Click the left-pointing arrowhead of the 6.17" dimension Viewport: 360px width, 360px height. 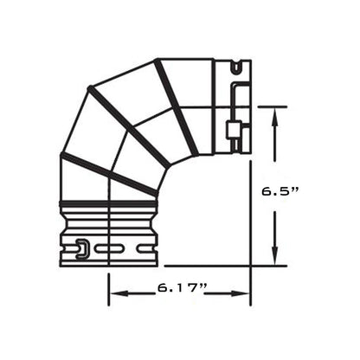pyautogui.click(x=117, y=293)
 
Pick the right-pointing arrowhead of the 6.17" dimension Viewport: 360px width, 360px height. pyautogui.click(x=243, y=293)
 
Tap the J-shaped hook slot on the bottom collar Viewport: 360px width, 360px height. pyautogui.click(x=80, y=247)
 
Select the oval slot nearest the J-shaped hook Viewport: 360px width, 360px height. pyautogui.click(x=105, y=248)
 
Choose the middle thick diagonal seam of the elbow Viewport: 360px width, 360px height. pyautogui.click(x=125, y=113)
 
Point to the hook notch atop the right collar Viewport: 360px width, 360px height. pyautogui.click(x=235, y=65)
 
